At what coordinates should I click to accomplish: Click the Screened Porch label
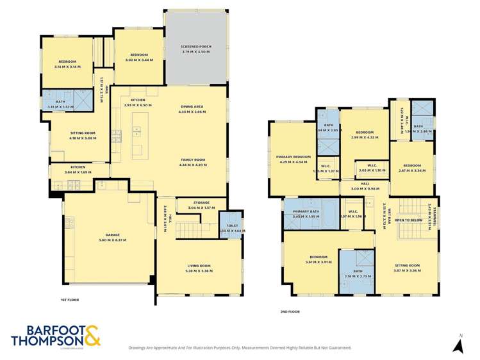pos(196,47)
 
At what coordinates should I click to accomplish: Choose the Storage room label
pos(200,203)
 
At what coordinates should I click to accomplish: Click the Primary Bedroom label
pos(293,157)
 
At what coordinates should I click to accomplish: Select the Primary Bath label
pos(306,212)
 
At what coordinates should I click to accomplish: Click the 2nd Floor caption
pos(290,311)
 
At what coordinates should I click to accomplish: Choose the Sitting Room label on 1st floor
pos(82,133)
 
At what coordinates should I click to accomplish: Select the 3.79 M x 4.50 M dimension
pos(196,51)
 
